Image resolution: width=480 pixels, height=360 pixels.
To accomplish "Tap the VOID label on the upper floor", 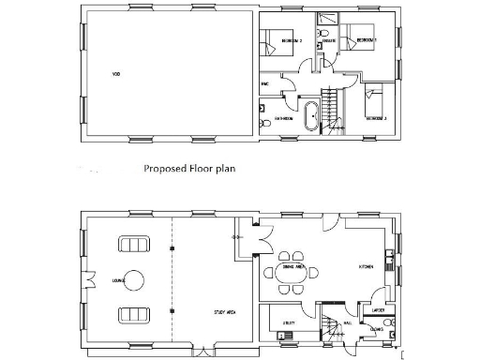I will pos(117,73).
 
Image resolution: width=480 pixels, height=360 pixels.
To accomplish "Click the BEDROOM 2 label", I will pos(291,42).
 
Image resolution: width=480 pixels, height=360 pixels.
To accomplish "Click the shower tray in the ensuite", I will pos(328,20).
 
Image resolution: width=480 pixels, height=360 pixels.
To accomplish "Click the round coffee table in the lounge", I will pos(134,278).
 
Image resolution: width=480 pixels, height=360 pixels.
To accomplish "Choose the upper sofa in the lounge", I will pos(132,244).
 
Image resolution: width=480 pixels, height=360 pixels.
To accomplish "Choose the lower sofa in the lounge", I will pos(132,313).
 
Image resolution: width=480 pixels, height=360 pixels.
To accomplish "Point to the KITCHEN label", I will pos(367,267).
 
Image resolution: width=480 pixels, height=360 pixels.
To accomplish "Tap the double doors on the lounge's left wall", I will pos(87,278).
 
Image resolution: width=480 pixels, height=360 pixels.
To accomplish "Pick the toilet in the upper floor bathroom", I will pos(266,122).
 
